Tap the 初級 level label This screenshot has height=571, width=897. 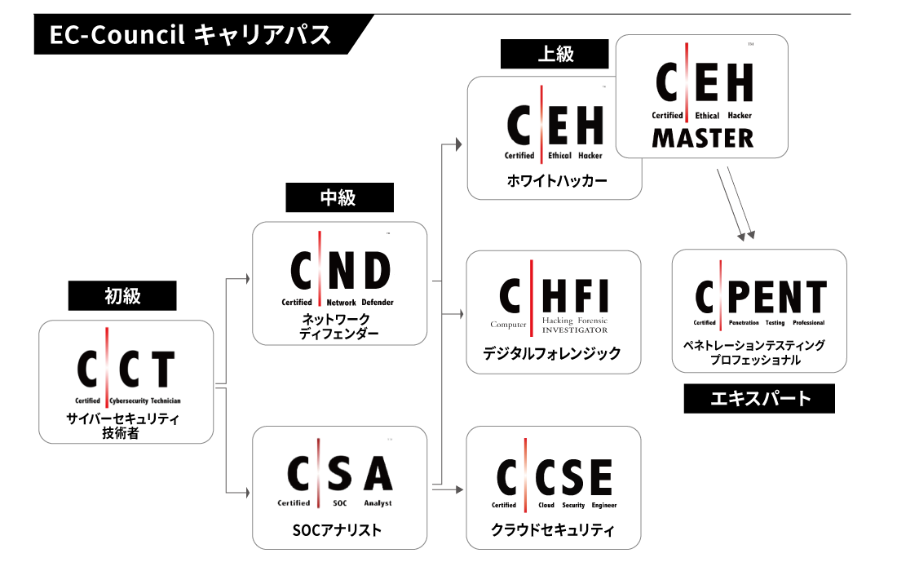tap(122, 295)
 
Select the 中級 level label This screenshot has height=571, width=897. tap(339, 197)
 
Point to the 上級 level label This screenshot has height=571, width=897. tap(555, 54)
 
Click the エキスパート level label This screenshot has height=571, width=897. tap(760, 398)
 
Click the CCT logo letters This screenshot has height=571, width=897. tap(126, 370)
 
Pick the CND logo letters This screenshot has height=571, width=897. tap(341, 270)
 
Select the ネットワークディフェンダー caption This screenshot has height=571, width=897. tap(339, 326)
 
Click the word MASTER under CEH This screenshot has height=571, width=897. tap(702, 138)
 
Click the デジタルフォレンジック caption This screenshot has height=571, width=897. tap(554, 353)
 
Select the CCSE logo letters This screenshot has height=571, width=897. tap(555, 476)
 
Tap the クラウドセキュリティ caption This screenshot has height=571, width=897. tap(554, 530)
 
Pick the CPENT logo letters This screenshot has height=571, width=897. tap(760, 297)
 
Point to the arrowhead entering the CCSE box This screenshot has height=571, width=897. tap(459, 489)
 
